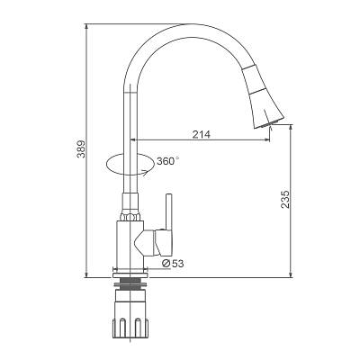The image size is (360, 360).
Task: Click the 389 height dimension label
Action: click(x=81, y=148)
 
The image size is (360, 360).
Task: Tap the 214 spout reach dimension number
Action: click(x=202, y=134)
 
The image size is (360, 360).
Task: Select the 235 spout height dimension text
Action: click(x=285, y=199)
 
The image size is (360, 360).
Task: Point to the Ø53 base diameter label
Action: click(x=173, y=264)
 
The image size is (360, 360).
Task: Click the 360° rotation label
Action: click(x=168, y=161)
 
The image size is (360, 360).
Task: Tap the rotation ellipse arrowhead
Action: click(x=146, y=172)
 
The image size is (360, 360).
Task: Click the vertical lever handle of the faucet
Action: click(x=169, y=212)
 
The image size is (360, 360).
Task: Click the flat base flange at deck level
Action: click(x=130, y=274)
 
